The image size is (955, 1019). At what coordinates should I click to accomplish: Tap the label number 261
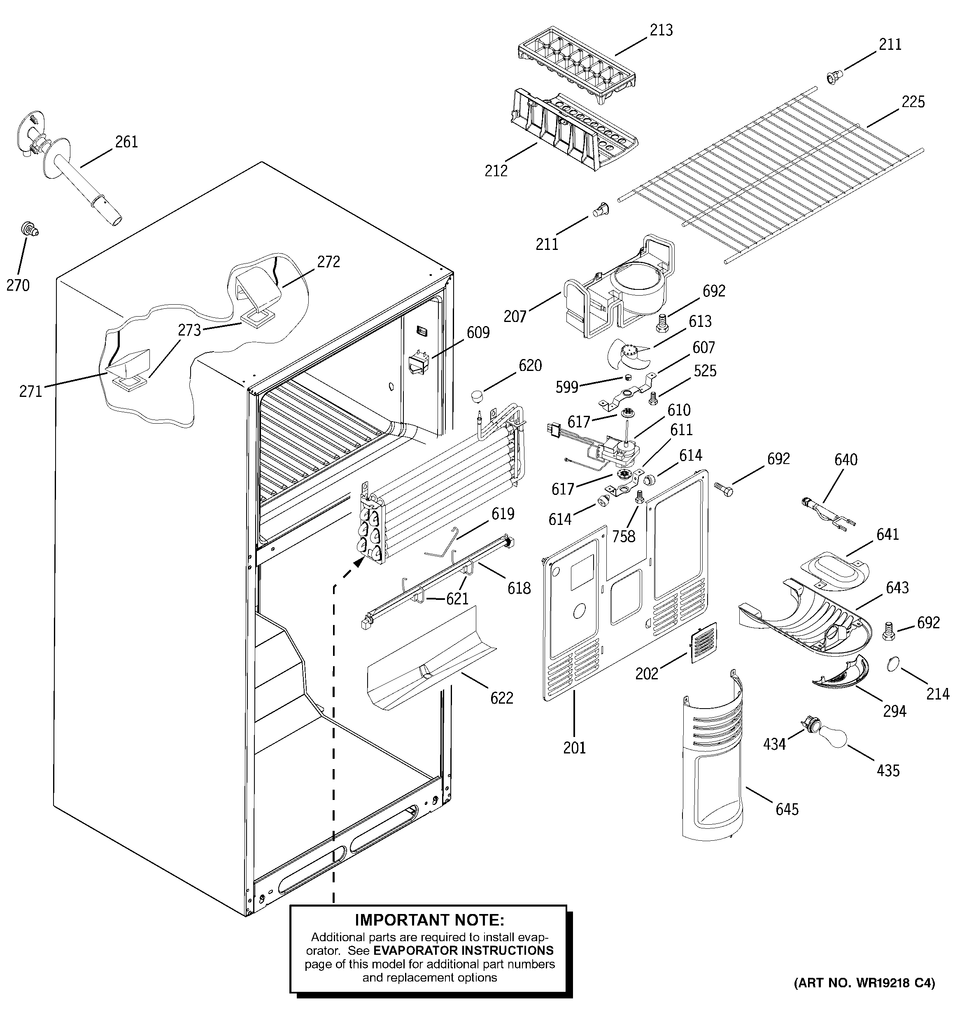(x=126, y=142)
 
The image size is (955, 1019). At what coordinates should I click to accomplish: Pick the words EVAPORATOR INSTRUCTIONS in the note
(x=464, y=950)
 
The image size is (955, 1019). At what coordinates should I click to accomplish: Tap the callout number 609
(x=478, y=333)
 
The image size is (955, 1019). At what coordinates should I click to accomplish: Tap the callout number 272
(x=328, y=261)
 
